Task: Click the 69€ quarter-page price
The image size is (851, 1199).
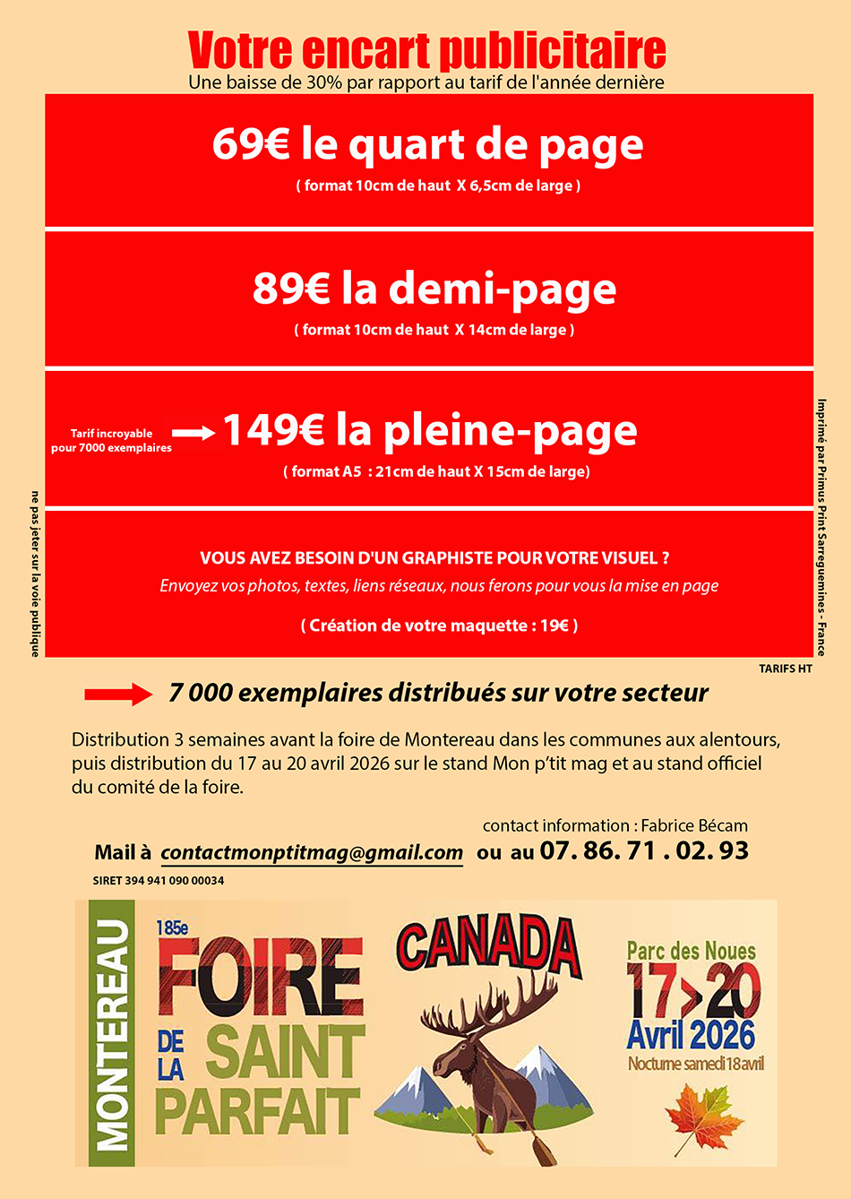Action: (250, 144)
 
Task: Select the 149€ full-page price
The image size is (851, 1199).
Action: (273, 430)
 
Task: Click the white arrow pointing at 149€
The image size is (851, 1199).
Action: (193, 434)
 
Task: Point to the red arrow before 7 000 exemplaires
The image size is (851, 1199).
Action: (118, 694)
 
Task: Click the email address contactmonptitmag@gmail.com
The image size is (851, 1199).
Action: (312, 852)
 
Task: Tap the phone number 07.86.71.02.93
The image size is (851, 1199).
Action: (644, 850)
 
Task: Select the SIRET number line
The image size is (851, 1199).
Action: (159, 881)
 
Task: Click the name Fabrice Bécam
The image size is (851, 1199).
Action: (694, 825)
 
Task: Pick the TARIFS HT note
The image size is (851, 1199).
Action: (785, 669)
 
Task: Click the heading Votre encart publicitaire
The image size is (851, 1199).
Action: (426, 51)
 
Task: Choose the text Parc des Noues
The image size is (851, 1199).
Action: (691, 951)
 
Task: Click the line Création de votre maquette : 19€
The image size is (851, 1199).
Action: (439, 625)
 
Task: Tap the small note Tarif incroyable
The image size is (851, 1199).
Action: (111, 434)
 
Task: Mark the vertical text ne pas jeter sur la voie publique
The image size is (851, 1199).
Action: (35, 574)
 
